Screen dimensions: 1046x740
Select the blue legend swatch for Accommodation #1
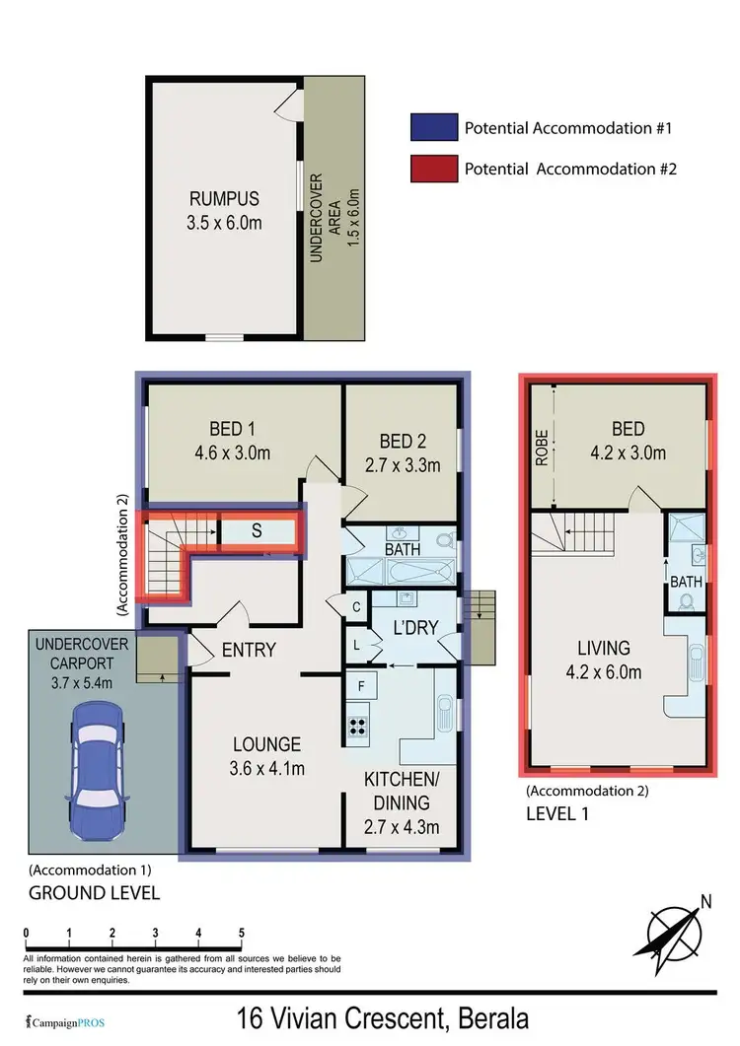click(431, 128)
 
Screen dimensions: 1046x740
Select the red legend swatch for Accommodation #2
click(431, 168)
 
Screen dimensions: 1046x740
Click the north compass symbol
click(675, 927)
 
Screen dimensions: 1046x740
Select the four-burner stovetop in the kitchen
click(357, 727)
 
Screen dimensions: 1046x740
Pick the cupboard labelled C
click(354, 606)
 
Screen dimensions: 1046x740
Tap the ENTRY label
click(249, 650)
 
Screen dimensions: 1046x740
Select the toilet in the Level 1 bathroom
click(688, 602)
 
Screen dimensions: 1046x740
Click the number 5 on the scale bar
click(242, 933)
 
